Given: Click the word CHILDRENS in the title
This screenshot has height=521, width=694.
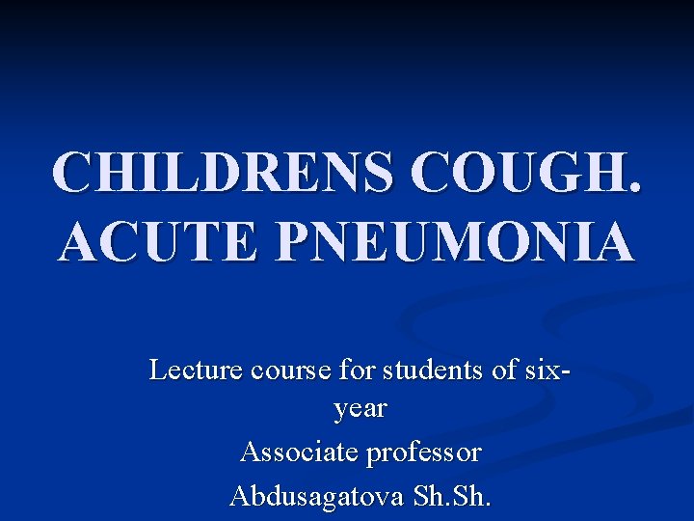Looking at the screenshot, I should [221, 172].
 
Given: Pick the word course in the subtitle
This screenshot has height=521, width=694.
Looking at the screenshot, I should [287, 370].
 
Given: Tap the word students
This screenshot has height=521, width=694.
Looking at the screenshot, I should [434, 370].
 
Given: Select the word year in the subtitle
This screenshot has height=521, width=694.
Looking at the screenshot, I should [360, 409].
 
